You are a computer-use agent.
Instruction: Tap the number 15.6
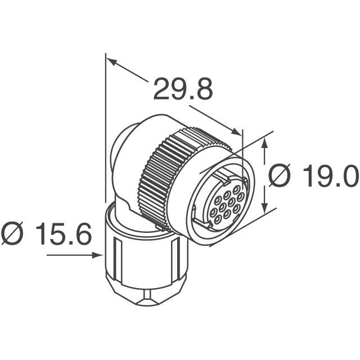(64, 234)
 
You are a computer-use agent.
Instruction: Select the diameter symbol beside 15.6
(13, 234)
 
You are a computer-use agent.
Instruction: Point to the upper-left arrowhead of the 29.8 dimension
(111, 61)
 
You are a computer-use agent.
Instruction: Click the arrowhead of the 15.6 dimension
(100, 255)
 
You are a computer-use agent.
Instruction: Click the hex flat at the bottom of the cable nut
(147, 296)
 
